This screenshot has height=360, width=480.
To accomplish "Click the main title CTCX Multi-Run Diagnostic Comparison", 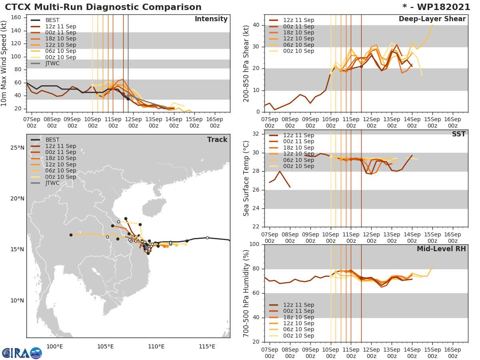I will (103, 7).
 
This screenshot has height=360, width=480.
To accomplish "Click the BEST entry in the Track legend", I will (52, 140).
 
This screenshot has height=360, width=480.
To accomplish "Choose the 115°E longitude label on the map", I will (207, 346).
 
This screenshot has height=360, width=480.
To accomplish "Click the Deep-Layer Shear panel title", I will (432, 19).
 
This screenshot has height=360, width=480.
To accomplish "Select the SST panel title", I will (458, 134).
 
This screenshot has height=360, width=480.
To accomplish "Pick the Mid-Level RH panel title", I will (441, 249).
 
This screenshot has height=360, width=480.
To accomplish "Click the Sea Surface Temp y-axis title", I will (246, 178).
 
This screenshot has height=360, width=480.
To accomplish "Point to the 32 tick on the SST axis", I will (256, 134).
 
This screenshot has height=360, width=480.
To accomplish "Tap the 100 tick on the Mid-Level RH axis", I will (254, 244).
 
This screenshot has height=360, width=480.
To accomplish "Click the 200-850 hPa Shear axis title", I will (246, 63).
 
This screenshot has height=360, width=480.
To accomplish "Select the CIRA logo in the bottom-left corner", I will (22, 353).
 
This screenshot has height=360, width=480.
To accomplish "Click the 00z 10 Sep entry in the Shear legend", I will (298, 51).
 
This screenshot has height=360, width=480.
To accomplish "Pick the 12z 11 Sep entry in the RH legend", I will (298, 305).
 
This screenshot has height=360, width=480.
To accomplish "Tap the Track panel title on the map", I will (217, 140).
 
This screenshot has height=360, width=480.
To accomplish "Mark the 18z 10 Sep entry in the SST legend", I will (298, 148).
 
